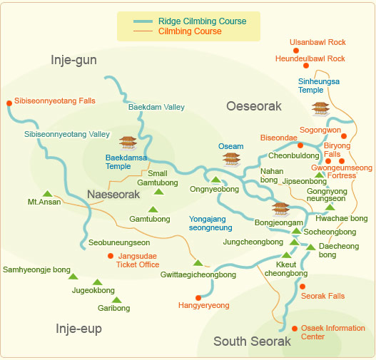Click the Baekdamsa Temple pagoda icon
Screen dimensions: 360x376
128,143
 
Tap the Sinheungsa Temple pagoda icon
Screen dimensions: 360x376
320,108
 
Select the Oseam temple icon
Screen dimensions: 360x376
230,158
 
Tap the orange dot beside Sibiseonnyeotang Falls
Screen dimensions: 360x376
9,102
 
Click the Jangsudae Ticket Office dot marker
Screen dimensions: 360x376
110,255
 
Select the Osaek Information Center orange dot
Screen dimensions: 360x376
294,329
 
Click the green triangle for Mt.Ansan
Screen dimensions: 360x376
47,193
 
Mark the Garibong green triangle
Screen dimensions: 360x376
116,300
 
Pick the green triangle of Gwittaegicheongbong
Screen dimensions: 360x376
198,263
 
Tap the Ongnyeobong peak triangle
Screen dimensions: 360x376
215,180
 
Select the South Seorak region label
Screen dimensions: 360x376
252,341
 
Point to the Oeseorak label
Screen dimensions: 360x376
254,106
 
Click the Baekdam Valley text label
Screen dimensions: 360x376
156,107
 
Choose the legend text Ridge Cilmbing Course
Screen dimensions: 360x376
203,21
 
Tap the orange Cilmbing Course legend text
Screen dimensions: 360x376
190,31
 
